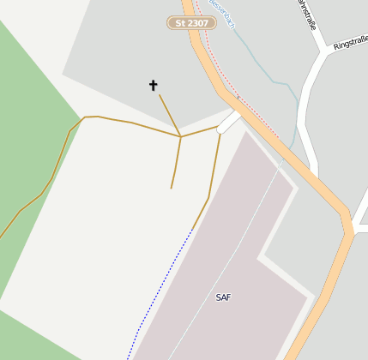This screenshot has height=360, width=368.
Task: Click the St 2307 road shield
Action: pyautogui.click(x=190, y=23)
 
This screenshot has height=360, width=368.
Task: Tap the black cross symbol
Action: pyautogui.click(x=154, y=85)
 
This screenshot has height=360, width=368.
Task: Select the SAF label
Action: pyautogui.click(x=223, y=297)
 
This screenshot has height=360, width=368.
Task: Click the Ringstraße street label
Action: pyautogui.click(x=349, y=42)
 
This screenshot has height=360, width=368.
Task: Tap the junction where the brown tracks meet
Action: pyautogui.click(x=180, y=136)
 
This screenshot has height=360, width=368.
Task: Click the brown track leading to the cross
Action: pyautogui.click(x=169, y=115)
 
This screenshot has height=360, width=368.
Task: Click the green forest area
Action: pyautogui.click(x=26, y=129)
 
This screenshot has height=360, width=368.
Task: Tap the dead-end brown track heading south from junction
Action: pyautogui.click(x=176, y=163)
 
